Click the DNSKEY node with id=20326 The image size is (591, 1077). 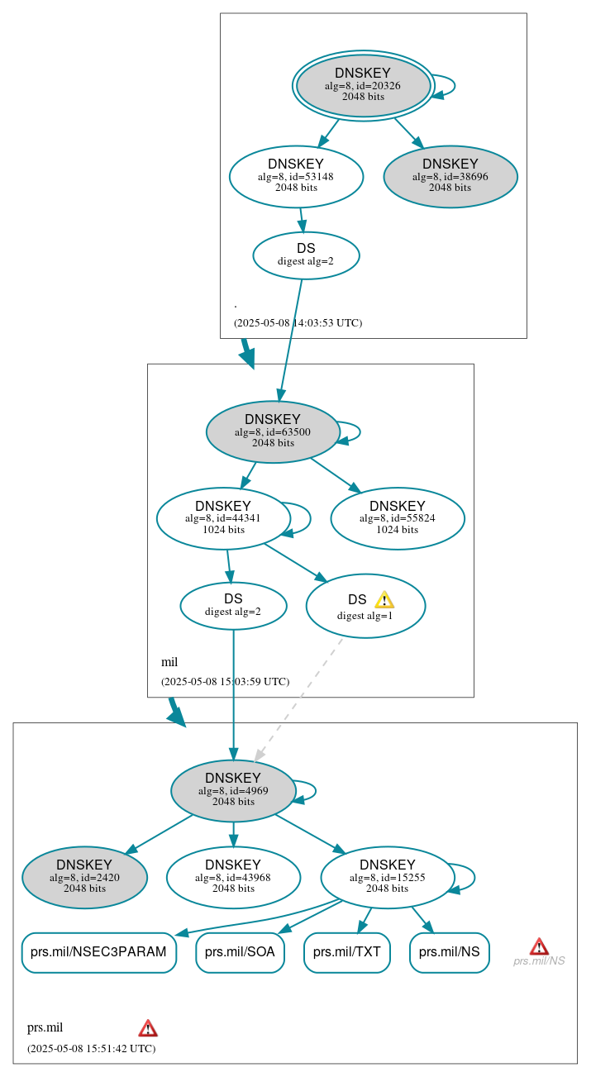[x=364, y=85]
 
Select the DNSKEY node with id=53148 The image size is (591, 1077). [x=296, y=176]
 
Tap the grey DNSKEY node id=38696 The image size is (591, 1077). [x=450, y=176]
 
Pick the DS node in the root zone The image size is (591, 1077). [x=306, y=255]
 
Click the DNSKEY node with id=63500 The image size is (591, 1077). [x=273, y=431]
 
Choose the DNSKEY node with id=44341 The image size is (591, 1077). [x=223, y=518]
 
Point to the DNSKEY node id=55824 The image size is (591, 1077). [x=398, y=518]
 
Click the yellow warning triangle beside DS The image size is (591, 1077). [x=384, y=600]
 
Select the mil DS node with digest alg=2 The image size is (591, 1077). [x=233, y=605]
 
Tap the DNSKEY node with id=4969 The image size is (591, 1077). [x=233, y=790]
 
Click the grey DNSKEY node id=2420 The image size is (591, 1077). [x=84, y=877]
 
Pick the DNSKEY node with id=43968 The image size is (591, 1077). [x=233, y=877]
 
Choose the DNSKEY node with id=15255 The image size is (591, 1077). [x=387, y=877]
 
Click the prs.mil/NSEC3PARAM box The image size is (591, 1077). [x=98, y=952]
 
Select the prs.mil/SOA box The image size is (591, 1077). [x=240, y=952]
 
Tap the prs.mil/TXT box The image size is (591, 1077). [x=346, y=952]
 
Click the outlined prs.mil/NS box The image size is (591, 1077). [x=449, y=952]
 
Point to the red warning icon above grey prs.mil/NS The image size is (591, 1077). [x=539, y=946]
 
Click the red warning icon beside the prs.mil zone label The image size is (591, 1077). [x=148, y=1028]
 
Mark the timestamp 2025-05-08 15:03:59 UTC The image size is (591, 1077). [x=225, y=682]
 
